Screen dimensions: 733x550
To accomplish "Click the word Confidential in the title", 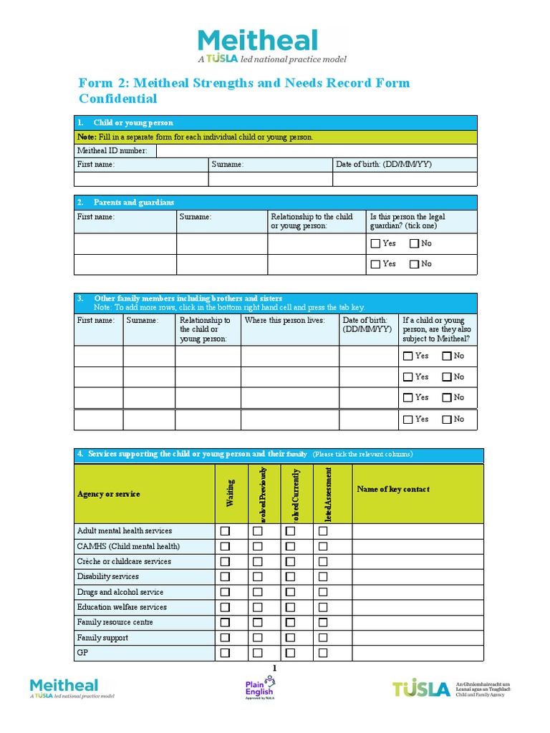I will coord(117,99).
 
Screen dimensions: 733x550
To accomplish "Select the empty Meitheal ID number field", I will coord(316,151).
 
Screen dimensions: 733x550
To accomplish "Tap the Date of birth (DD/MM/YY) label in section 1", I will coord(384,165).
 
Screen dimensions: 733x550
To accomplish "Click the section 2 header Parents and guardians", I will coord(134,203).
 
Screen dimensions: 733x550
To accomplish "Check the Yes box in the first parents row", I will coord(376,243).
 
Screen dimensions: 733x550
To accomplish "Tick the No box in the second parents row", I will coord(414,264).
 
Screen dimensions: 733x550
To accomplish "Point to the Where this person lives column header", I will coord(284,321).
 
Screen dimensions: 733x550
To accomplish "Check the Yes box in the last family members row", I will coord(408,419).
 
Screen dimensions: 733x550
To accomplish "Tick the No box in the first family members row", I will coord(447,356).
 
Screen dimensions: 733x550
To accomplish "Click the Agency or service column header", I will coord(109,494).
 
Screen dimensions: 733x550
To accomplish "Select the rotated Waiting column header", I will coord(231,494).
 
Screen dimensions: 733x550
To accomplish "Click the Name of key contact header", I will coord(393,490).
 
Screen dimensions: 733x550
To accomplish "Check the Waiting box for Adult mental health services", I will coord(225,531).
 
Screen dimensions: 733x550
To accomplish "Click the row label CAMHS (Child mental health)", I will coord(128,546).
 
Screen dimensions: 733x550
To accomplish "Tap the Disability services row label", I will coord(108,576).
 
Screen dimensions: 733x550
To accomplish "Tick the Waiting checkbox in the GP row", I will coord(225,653).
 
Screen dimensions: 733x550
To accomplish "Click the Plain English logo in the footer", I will coord(259,689).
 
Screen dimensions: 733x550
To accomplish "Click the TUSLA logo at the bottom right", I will coord(421,689).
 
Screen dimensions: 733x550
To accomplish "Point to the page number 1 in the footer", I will coord(274,668).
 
